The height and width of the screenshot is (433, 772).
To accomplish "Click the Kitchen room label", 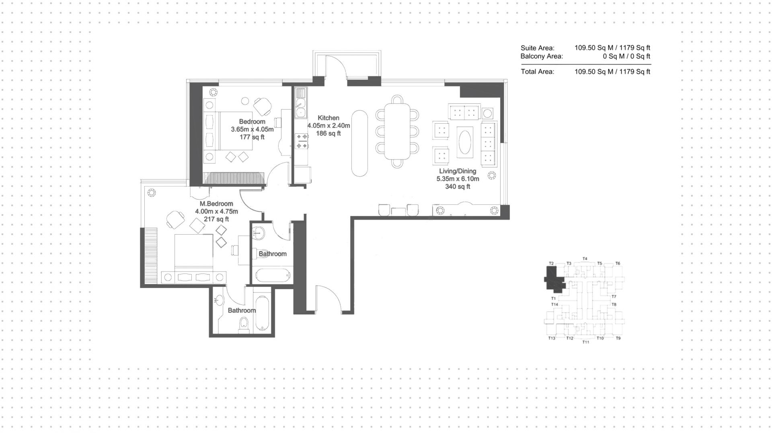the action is point(329,118).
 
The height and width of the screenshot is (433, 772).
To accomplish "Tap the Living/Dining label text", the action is point(458,171).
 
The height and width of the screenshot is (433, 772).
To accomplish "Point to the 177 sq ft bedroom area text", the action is point(252,137).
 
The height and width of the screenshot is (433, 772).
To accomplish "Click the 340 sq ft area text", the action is point(458,187).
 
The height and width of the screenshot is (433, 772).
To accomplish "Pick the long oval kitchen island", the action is point(359,143).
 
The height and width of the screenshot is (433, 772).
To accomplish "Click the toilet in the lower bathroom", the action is point(244,325).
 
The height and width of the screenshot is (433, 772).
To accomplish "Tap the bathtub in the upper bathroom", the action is point(272,276).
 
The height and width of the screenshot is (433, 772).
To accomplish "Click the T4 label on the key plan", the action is point(585,259).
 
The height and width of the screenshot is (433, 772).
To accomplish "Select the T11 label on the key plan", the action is point(585,342).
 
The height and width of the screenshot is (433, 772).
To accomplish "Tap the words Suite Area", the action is point(537,48).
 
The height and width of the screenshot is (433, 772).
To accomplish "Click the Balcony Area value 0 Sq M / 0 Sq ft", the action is point(626,56).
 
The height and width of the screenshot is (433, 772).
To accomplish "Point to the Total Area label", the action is point(537,71).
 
